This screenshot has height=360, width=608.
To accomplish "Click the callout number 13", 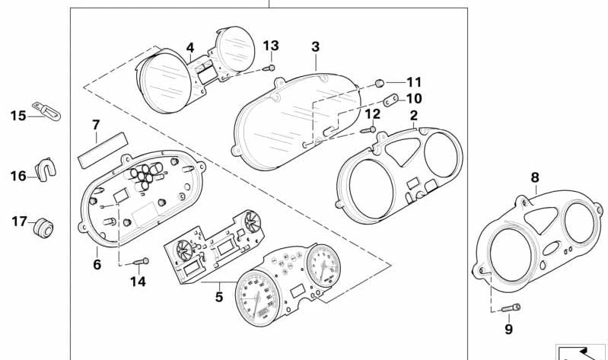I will pyautogui.click(x=271, y=46).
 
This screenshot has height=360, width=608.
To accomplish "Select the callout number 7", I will pyautogui.click(x=96, y=124).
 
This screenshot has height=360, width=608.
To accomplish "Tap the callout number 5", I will pyautogui.click(x=218, y=297).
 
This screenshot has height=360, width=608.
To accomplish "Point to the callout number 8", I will pyautogui.click(x=535, y=177).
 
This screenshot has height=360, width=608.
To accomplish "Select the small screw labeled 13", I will pyautogui.click(x=269, y=68).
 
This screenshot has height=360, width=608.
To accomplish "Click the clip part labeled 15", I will pyautogui.click(x=47, y=113).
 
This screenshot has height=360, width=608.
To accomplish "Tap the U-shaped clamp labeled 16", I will pyautogui.click(x=47, y=171).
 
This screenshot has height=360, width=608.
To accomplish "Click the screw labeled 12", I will pyautogui.click(x=366, y=129).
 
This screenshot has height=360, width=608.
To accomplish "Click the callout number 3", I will pyautogui.click(x=315, y=47).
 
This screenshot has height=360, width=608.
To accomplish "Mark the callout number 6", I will pyautogui.click(x=97, y=264).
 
